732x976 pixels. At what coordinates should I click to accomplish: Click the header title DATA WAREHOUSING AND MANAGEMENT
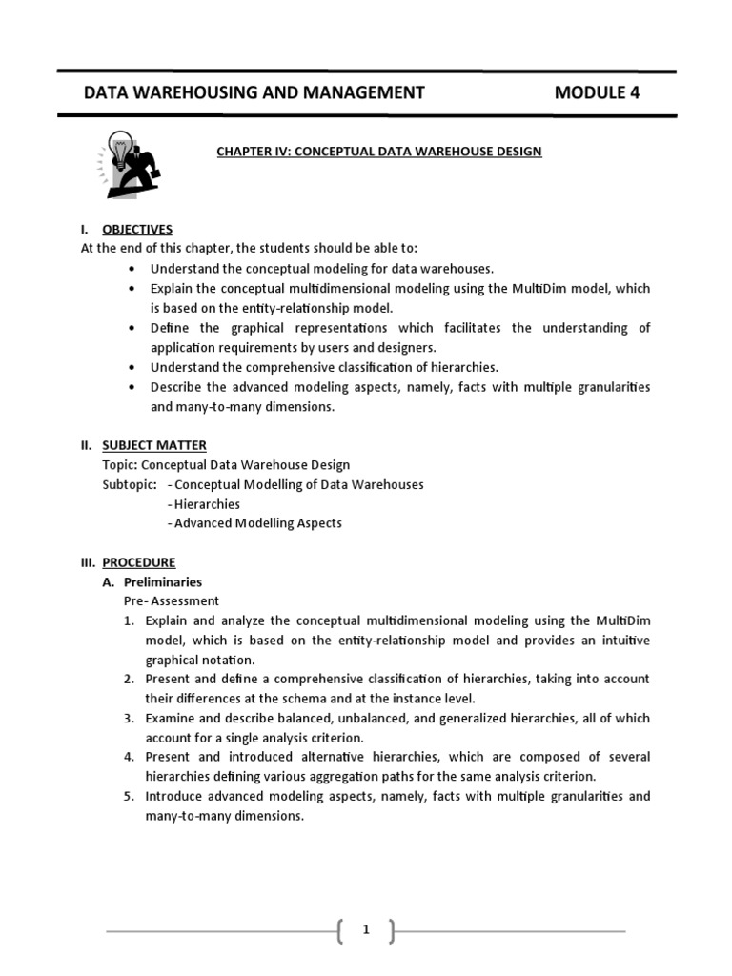(254, 92)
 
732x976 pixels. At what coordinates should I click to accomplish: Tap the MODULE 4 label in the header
(598, 92)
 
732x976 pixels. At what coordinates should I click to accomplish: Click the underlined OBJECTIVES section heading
(137, 229)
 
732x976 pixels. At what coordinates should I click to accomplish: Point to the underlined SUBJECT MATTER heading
(154, 445)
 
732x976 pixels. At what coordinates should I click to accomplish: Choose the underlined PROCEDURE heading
(139, 562)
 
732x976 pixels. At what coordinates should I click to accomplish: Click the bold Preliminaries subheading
(163, 581)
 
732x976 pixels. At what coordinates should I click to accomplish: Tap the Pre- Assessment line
(172, 600)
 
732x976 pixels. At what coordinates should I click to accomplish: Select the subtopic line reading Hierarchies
(205, 503)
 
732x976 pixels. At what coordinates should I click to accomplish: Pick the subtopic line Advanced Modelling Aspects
(256, 522)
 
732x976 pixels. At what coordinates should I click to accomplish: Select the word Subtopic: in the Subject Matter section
(129, 484)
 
